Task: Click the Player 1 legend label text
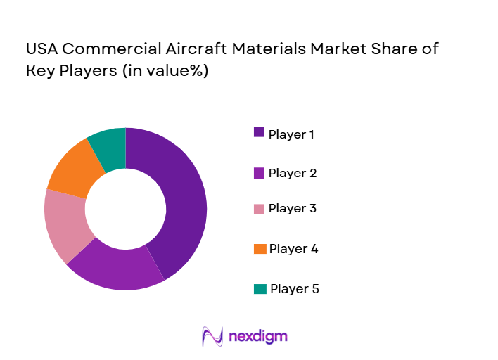point(291,134)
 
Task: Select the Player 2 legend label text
point(292,172)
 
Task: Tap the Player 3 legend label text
point(292,208)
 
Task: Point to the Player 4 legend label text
point(293,248)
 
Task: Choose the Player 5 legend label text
point(294,288)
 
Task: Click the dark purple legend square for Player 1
point(259,132)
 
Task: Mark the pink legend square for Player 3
point(259,208)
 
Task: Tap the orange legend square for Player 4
point(260,248)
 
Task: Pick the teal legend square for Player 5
point(260,288)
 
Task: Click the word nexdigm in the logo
point(257,337)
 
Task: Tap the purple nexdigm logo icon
point(212,336)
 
